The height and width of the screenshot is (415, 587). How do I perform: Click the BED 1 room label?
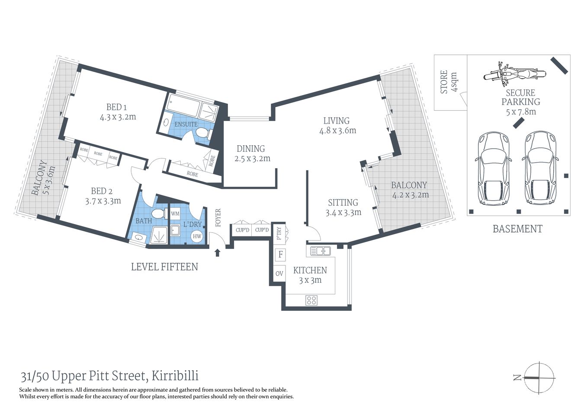[116, 107]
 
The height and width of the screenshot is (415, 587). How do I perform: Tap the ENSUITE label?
[186, 124]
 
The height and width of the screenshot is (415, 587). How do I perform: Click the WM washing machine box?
[175, 214]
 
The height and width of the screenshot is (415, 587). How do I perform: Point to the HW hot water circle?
[197, 236]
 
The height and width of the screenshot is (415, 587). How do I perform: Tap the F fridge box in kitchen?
[280, 255]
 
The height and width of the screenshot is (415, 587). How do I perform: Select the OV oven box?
[279, 274]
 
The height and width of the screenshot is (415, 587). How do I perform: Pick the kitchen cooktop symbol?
[311, 300]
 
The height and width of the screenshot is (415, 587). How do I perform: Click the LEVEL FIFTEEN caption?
[164, 267]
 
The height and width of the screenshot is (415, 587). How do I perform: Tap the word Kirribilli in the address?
[175, 377]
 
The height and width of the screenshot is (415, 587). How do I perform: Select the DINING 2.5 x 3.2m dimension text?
[252, 159]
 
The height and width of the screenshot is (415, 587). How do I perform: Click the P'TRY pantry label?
[279, 233]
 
